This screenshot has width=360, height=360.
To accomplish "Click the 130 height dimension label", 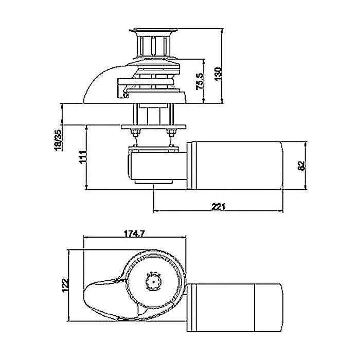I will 218,73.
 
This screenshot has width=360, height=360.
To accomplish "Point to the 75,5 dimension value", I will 200,81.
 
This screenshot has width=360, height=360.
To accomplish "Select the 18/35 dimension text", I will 59,139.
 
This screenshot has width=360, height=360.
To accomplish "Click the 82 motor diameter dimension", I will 302,165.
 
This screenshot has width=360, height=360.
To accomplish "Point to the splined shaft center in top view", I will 153,280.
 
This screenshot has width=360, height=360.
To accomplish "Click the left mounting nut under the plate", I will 136,135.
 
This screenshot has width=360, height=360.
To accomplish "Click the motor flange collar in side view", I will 191,166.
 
